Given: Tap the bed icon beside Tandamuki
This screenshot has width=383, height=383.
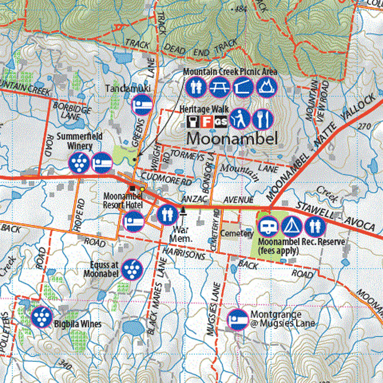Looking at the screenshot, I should click(x=142, y=105).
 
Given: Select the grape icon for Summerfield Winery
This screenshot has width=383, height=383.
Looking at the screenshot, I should click(x=79, y=162).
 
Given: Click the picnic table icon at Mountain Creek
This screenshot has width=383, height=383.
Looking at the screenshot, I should click(x=219, y=88).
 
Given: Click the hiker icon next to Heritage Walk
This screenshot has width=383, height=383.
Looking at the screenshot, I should click(x=238, y=119).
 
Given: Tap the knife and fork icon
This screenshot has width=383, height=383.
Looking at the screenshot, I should click(x=261, y=119).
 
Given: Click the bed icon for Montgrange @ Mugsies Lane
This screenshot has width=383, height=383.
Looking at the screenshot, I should click(x=237, y=320).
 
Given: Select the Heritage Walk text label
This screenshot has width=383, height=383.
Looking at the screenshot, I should click(x=201, y=109).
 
